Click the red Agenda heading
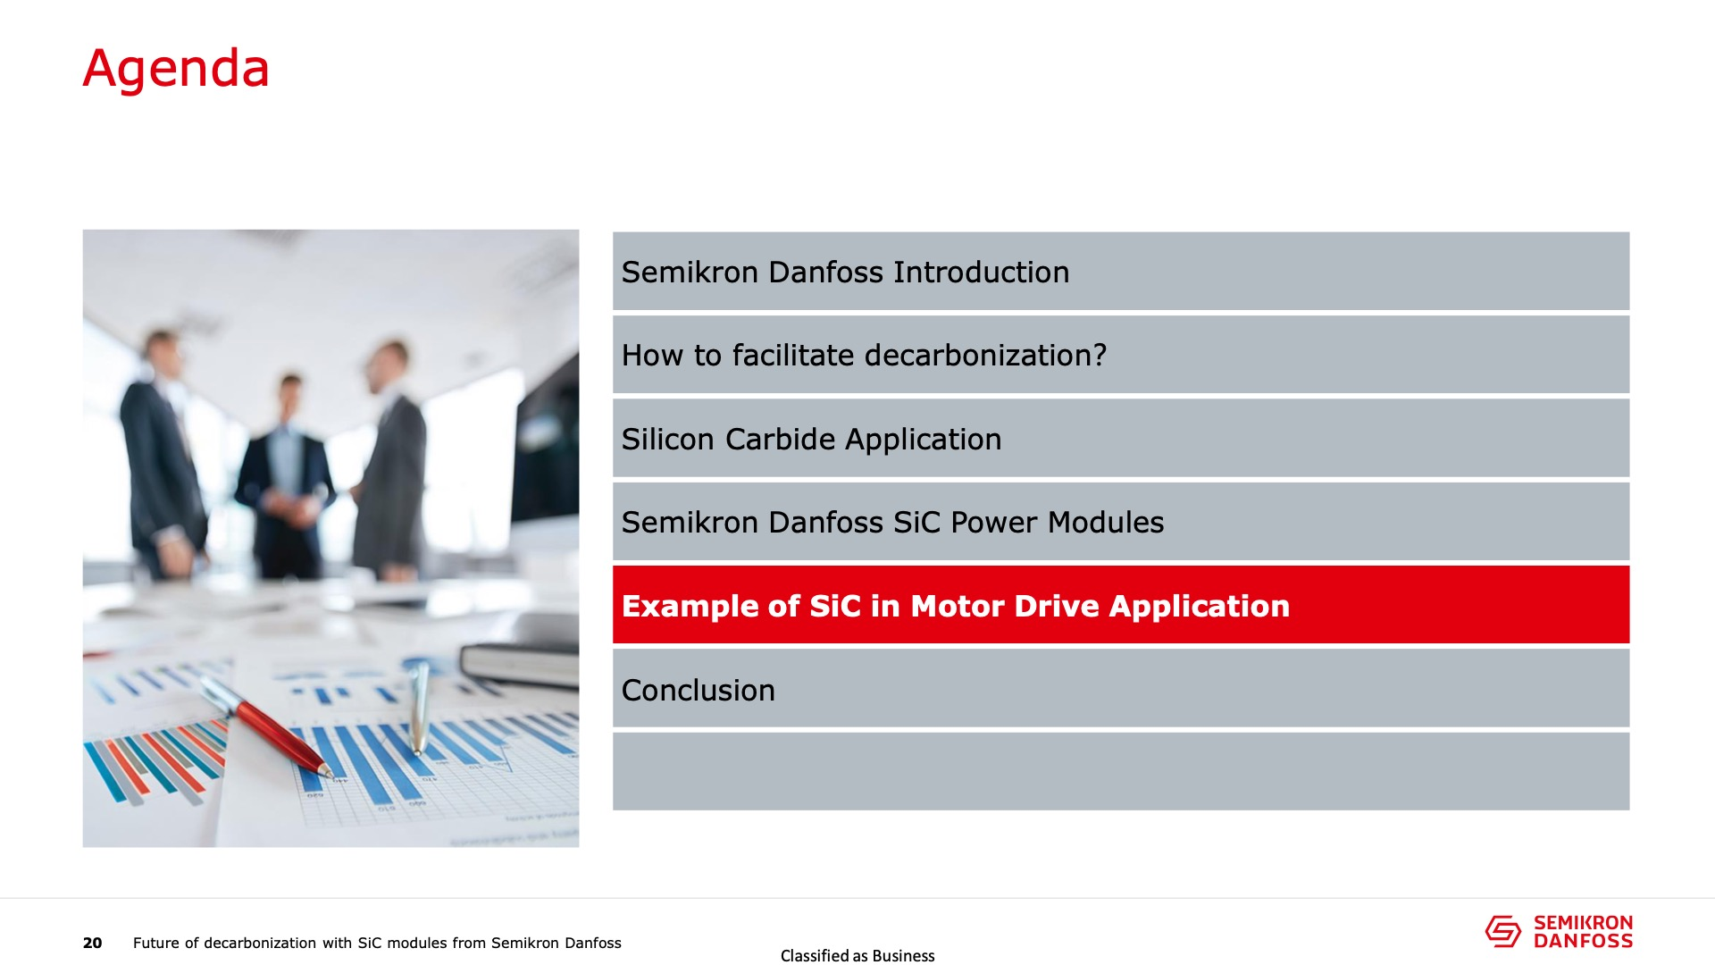point(176,69)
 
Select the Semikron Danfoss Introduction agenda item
point(1121,271)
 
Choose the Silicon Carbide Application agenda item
point(1121,438)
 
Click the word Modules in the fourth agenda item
point(1106,522)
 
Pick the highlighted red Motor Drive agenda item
point(1121,605)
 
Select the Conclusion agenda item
point(1121,689)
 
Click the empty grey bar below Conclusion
point(1121,772)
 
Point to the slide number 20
point(93,943)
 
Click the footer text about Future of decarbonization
point(377,943)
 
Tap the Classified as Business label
point(857,956)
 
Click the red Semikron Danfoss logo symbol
point(1503,931)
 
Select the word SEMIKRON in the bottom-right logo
point(1583,923)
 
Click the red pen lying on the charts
point(265,726)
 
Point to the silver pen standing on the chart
point(419,709)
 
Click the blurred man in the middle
point(283,478)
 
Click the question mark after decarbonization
point(1099,355)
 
